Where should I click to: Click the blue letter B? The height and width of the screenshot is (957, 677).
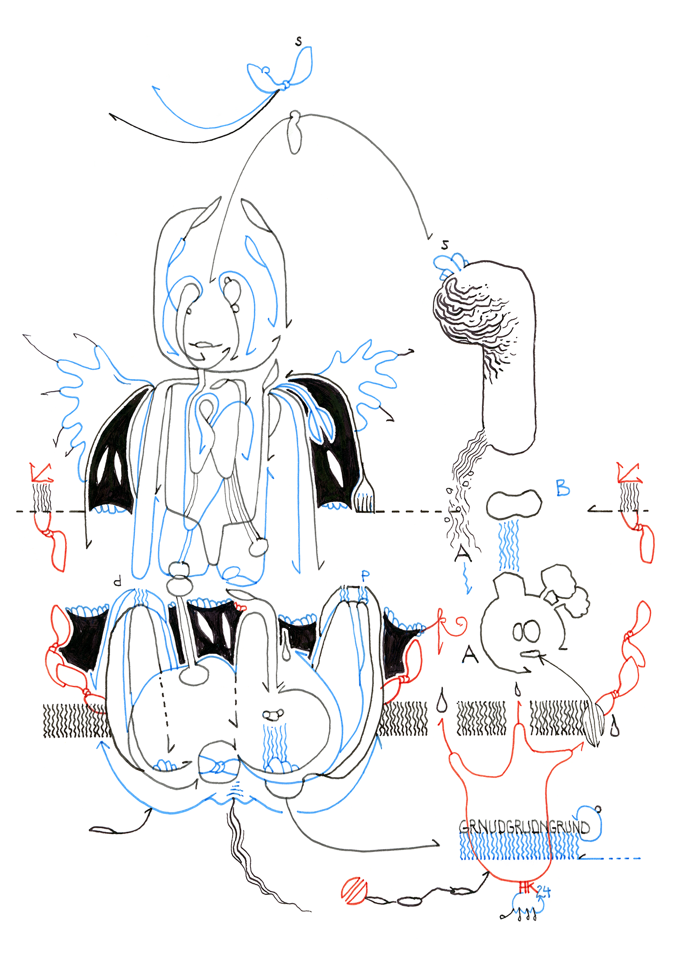click(563, 488)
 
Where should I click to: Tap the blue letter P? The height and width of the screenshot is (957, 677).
click(365, 577)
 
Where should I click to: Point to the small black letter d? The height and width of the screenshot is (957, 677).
click(117, 581)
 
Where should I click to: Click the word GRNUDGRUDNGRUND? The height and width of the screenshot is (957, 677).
click(524, 827)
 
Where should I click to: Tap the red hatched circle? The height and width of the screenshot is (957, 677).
click(354, 890)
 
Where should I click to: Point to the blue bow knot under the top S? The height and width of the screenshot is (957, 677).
click(285, 85)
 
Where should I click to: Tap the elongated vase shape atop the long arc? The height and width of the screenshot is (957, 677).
click(295, 133)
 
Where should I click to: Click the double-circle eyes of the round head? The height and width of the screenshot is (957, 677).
click(526, 631)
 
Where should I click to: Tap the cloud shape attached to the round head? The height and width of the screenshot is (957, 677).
click(566, 589)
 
